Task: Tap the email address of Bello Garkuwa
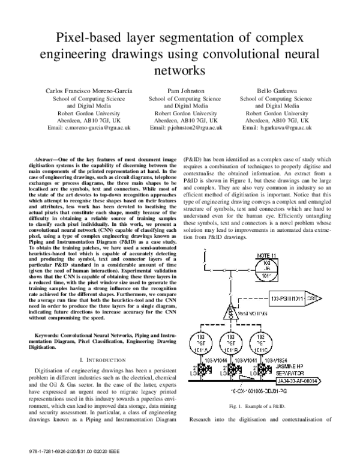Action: coord(275,128)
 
